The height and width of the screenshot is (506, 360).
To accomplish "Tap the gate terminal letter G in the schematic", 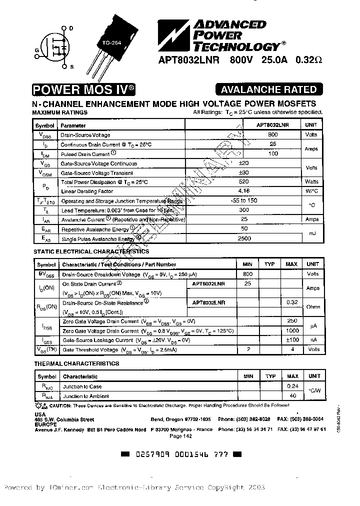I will coord(37,50).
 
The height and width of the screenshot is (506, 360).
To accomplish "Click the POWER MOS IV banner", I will coord(82,90).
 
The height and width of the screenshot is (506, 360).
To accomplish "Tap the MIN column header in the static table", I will coord(247,264).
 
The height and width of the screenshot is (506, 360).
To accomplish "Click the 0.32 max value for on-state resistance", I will coord(292,302).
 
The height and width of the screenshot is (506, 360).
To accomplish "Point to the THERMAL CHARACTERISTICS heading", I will coord(76,363).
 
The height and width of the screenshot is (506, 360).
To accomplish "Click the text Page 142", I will coord(181,436).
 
